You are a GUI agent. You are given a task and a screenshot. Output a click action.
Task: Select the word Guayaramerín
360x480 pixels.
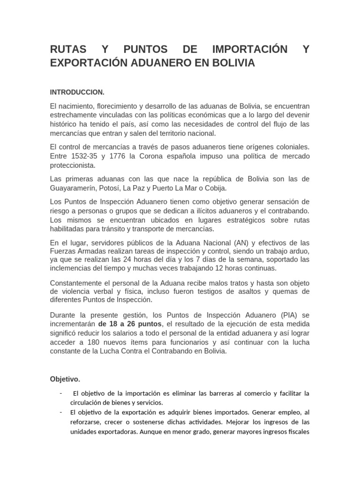point(77,188)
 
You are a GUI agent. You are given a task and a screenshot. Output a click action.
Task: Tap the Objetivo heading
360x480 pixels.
point(65,379)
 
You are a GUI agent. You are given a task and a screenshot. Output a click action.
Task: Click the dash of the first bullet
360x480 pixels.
point(61,392)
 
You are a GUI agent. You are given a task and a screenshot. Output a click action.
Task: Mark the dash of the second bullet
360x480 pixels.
point(61,412)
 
